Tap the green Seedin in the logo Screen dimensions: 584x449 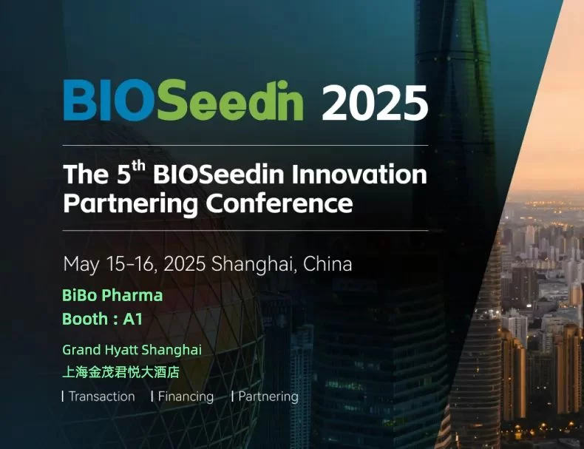[230, 101]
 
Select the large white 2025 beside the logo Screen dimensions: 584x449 [375, 103]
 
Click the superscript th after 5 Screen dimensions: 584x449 [138, 166]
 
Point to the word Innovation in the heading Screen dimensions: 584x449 [359, 174]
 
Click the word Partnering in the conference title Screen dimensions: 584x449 [130, 204]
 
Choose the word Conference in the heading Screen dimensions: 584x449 [279, 203]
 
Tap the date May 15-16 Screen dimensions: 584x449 [109, 264]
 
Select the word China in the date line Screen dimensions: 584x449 [327, 264]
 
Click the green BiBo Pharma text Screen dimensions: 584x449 [112, 295]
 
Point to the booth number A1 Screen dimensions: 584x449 [132, 320]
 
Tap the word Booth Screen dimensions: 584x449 [85, 319]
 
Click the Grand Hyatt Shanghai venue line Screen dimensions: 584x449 [132, 351]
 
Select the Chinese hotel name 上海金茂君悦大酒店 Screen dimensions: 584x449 [120, 372]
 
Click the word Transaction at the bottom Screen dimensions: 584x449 [102, 396]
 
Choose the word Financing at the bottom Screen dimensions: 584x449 [186, 396]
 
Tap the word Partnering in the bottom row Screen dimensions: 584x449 [268, 396]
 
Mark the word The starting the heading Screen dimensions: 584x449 [86, 174]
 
